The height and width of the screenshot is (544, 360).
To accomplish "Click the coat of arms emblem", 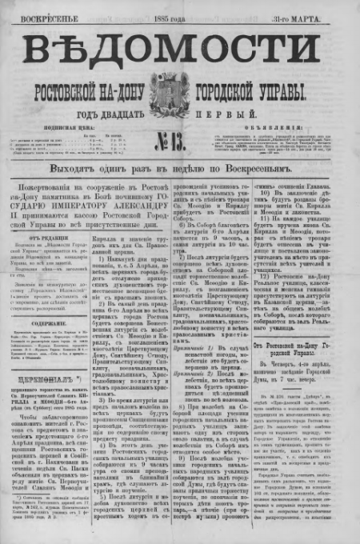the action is [181, 89].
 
